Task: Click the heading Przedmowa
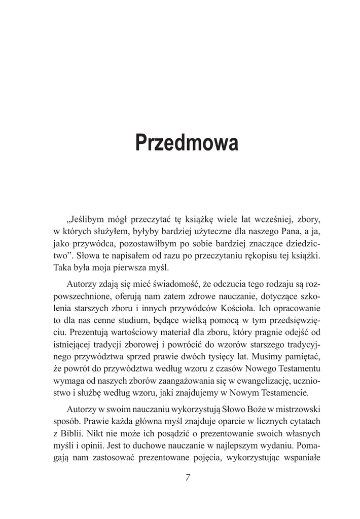pyautogui.click(x=186, y=143)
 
